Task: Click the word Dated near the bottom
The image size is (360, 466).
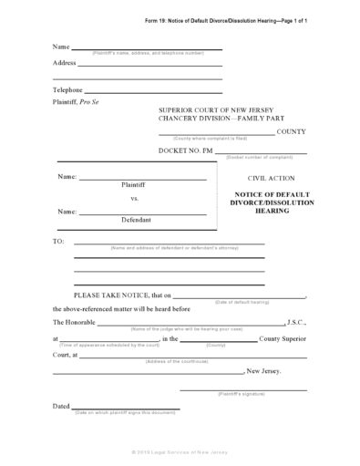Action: (x=61, y=406)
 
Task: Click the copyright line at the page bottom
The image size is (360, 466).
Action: (x=179, y=452)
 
